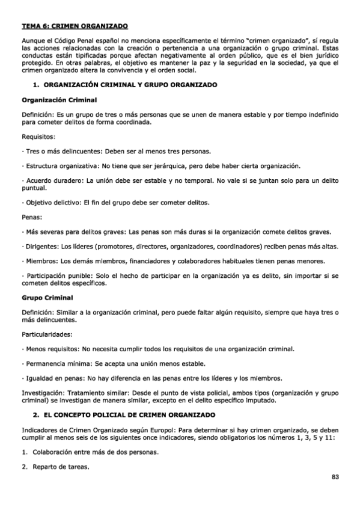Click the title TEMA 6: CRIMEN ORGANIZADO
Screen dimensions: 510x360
(x=75, y=27)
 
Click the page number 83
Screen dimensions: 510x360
(x=335, y=477)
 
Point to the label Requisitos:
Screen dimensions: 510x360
(x=38, y=137)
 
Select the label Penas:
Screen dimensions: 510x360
(x=32, y=217)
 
